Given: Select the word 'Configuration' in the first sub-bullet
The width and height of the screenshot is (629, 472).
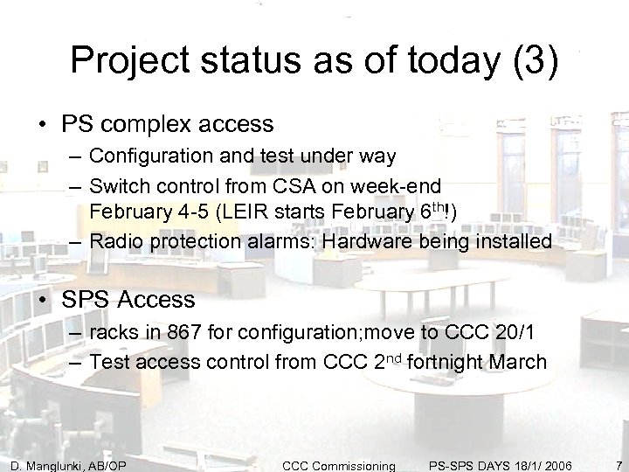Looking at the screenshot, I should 147,156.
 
